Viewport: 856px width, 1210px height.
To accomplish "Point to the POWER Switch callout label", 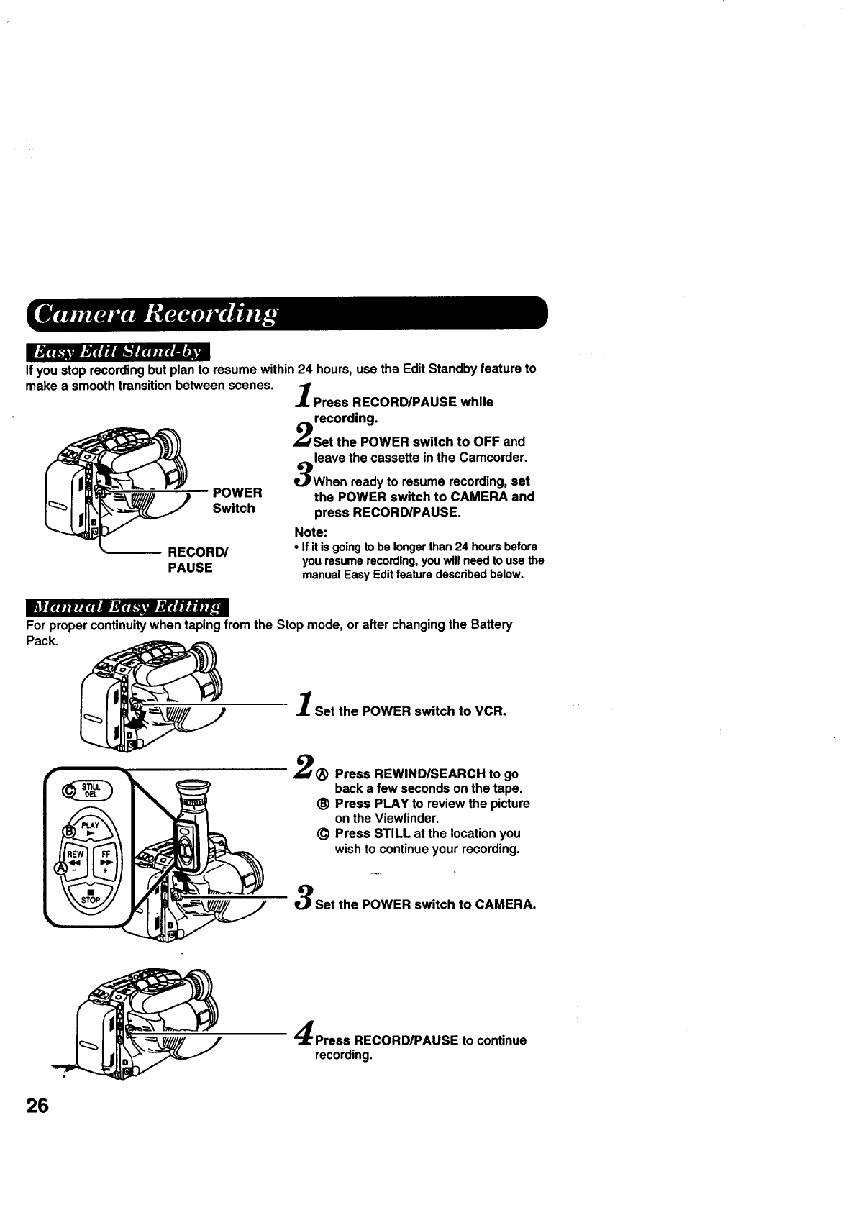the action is click(237, 501).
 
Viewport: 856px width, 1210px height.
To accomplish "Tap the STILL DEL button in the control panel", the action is click(91, 790).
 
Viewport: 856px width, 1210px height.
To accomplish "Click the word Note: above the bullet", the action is click(311, 532).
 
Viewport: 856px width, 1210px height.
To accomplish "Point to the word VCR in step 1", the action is click(491, 711).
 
